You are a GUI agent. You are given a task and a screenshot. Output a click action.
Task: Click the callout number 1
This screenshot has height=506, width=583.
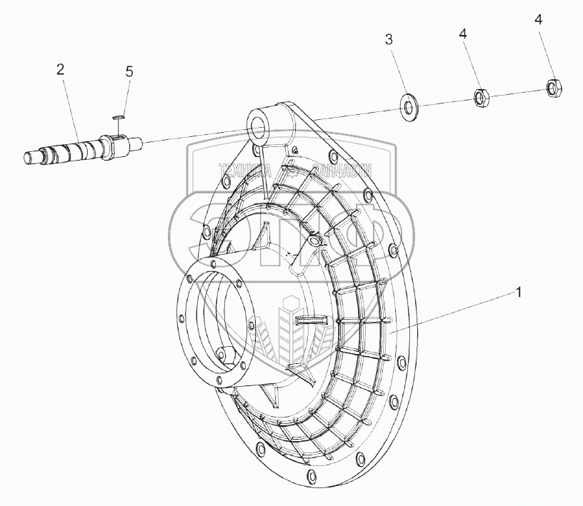pyautogui.click(x=519, y=293)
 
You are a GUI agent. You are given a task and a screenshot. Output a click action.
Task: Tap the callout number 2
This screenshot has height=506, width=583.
pyautogui.click(x=61, y=69)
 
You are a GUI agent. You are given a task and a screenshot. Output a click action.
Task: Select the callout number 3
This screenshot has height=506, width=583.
pyautogui.click(x=389, y=40)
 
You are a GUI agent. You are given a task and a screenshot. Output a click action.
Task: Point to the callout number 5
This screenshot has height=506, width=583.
pyautogui.click(x=129, y=71)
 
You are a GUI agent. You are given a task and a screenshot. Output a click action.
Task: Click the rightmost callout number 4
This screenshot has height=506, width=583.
pyautogui.click(x=537, y=21)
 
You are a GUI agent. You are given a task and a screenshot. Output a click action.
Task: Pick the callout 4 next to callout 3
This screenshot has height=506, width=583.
pyautogui.click(x=463, y=34)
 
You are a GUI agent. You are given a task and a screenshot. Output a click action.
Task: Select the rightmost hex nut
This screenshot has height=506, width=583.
pyautogui.click(x=555, y=88)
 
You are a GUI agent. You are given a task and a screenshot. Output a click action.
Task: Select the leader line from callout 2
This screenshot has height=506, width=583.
pyautogui.click(x=71, y=107)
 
